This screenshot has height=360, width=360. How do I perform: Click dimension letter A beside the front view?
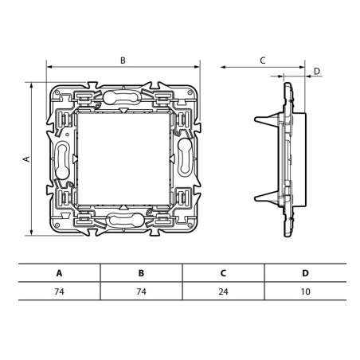click(26, 158)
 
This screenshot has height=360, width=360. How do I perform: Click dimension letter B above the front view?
click(123, 60)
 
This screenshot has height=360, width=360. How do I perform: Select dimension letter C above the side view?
click(262, 60)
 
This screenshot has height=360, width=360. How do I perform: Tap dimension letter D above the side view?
click(316, 72)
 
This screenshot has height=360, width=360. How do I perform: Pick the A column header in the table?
click(59, 273)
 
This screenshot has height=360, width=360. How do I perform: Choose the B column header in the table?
click(141, 273)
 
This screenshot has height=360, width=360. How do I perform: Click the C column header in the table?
click(223, 273)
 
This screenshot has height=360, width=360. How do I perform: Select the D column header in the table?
click(305, 273)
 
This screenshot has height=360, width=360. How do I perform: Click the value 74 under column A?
click(59, 292)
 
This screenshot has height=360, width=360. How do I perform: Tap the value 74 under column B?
click(141, 292)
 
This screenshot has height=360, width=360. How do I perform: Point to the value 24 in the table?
click(223, 292)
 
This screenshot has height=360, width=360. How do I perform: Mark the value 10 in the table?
click(305, 292)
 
